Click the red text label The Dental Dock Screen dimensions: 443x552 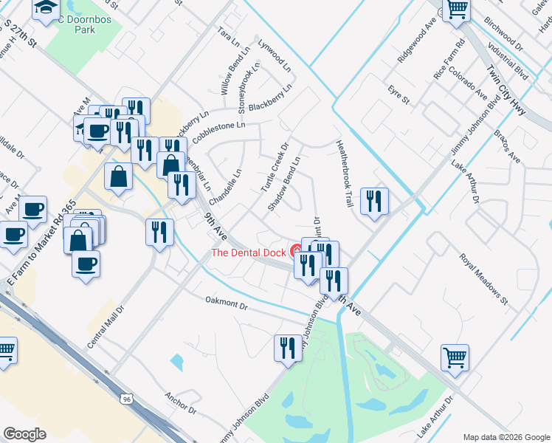(249, 253)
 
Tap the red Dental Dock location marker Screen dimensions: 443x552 (296, 250)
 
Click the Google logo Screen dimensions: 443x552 (24, 434)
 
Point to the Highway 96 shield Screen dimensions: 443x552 (127, 399)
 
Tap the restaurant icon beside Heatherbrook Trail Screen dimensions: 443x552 (374, 200)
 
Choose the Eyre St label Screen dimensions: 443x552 (399, 95)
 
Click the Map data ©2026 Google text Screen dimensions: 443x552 (506, 436)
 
